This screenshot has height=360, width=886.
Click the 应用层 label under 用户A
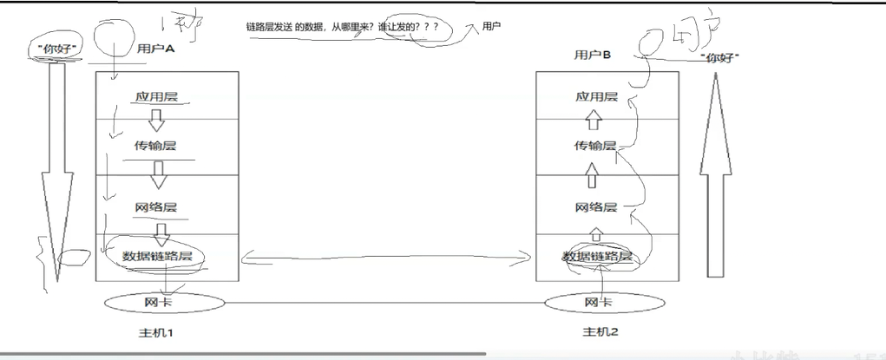(x=156, y=97)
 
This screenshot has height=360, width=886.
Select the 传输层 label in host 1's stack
(x=156, y=146)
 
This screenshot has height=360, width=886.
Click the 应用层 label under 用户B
(x=596, y=97)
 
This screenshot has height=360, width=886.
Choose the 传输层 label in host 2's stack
(x=595, y=146)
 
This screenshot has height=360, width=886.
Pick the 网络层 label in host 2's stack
(x=595, y=207)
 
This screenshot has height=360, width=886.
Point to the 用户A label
(x=156, y=49)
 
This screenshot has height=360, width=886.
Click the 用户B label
(x=593, y=56)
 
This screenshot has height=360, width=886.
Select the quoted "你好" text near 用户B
(x=719, y=57)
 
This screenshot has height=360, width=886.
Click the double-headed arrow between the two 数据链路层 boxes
(x=387, y=256)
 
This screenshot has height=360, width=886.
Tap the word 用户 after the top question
(x=493, y=28)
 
